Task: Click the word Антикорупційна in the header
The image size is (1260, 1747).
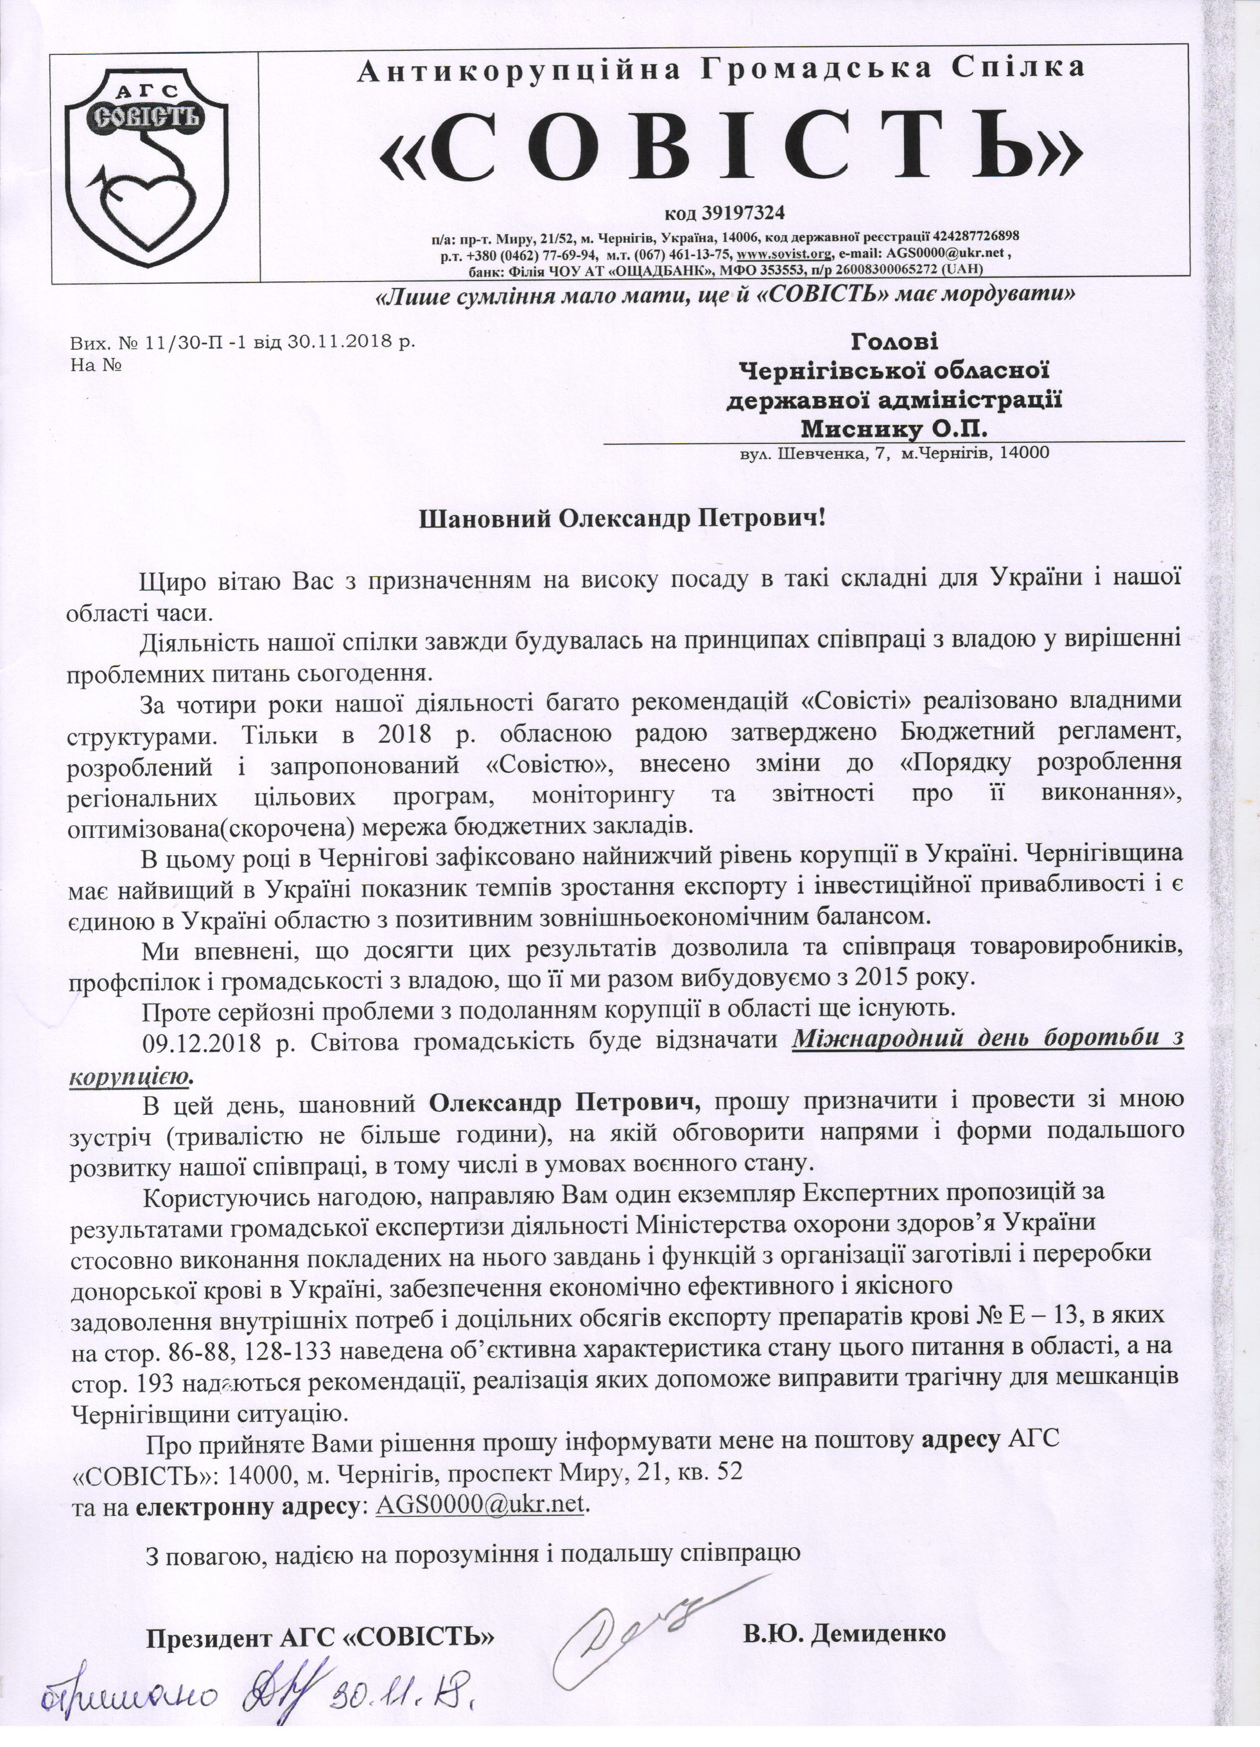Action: pos(522,69)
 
